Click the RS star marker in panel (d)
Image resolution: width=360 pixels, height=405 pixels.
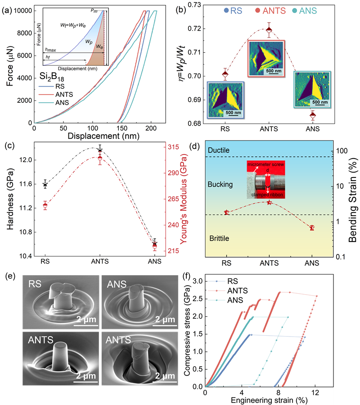(227, 212)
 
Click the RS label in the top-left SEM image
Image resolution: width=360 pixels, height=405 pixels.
(36, 284)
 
